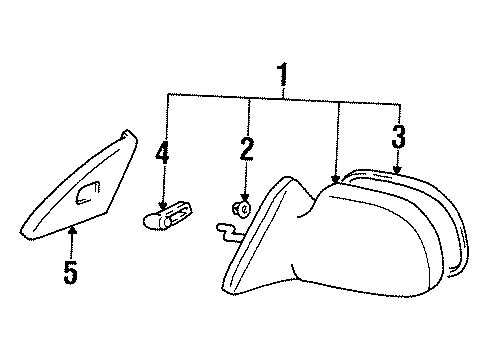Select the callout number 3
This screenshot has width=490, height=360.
coord(399,136)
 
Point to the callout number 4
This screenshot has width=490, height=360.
coord(162,155)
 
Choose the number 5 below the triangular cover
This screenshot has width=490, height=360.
coord(70,272)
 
